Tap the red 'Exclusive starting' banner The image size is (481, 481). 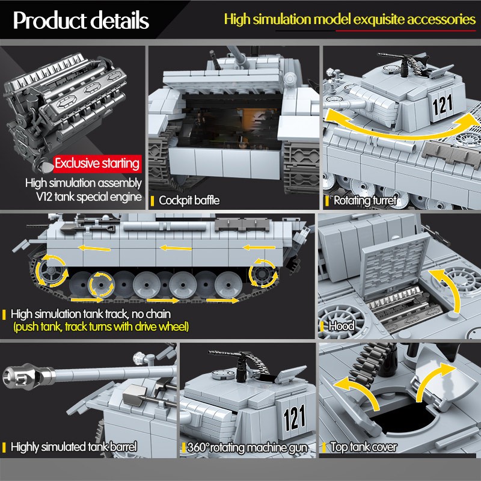point(97,163)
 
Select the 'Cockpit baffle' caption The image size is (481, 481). point(189,200)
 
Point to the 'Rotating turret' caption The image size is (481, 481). point(365,200)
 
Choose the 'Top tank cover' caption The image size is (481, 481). point(364,447)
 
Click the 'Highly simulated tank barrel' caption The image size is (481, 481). point(74,447)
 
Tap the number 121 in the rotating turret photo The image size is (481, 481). point(442,105)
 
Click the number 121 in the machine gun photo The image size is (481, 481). point(295,417)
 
